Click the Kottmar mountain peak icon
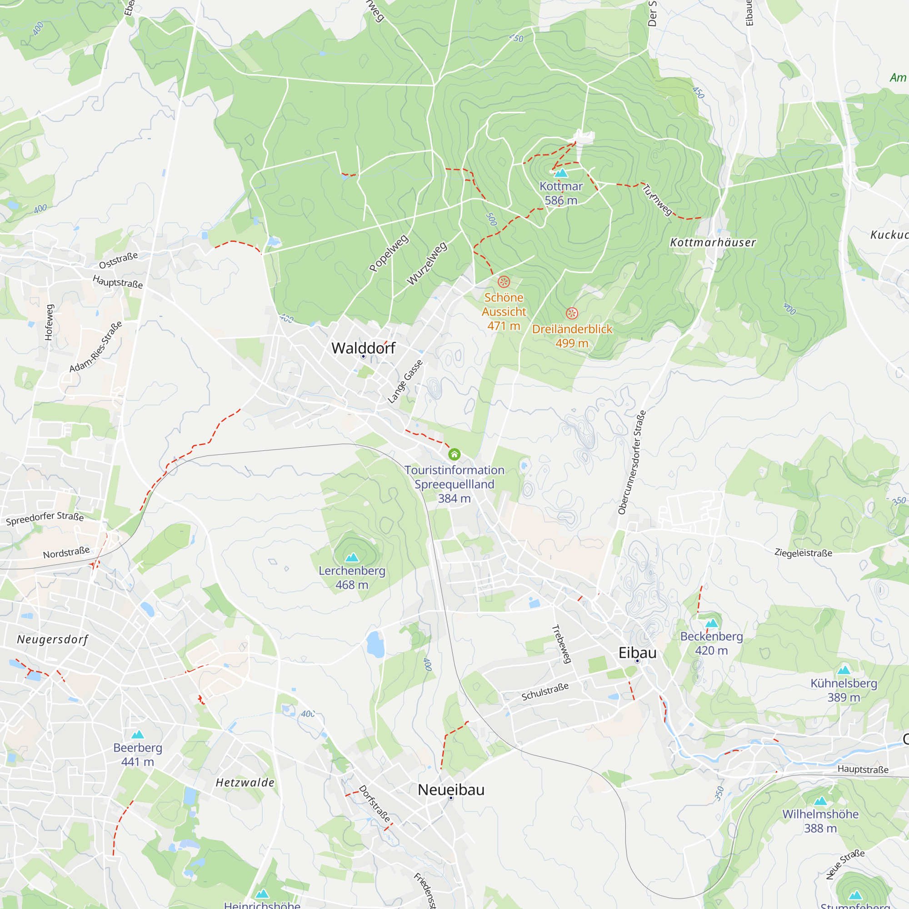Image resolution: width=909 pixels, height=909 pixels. coord(561,173)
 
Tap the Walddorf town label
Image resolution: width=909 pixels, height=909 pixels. coord(363,348)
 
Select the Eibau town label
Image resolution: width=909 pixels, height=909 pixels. coord(637,653)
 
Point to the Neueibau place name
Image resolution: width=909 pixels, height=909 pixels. coord(451,790)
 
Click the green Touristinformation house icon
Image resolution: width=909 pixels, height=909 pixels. coord(454,454)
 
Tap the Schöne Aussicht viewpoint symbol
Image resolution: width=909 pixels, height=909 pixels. coord(504,282)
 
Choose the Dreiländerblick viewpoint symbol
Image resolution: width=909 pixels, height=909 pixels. coord(572,313)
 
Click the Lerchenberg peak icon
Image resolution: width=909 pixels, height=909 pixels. coord(352,558)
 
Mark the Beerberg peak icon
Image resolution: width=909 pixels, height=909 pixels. coord(137,734)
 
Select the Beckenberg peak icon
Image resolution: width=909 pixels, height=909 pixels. coord(711,624)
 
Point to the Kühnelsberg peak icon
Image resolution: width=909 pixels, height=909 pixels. coord(844,670)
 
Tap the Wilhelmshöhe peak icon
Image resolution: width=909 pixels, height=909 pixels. coord(820,801)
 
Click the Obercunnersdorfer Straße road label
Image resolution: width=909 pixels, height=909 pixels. coord(632,463)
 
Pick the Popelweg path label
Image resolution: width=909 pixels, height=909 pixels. coord(389,253)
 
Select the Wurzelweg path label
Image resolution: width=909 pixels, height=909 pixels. coord(427,264)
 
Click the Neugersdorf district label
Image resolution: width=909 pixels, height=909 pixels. coord(53,639)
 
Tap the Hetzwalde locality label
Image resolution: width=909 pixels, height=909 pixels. coord(245,783)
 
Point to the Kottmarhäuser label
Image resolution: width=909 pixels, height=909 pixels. coord(713,243)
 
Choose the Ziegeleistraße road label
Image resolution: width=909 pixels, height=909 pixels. coord(803,553)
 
